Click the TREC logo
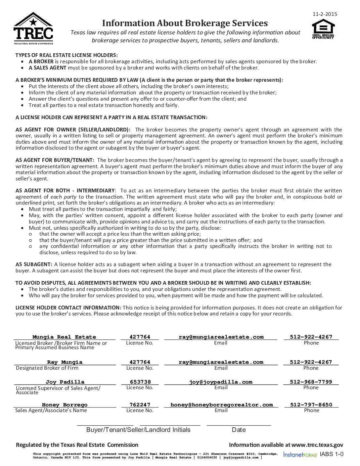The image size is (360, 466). click(x=33, y=28)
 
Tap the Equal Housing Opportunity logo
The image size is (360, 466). click(x=323, y=29)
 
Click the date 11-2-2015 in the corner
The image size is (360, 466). click(x=325, y=14)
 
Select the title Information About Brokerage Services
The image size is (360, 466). click(x=185, y=23)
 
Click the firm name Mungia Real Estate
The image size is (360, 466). click(x=64, y=337)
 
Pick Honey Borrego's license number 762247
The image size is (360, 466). click(x=140, y=405)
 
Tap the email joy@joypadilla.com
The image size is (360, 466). click(x=221, y=382)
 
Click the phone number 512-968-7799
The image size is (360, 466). click(x=311, y=382)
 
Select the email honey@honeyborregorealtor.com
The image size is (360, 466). click(x=221, y=405)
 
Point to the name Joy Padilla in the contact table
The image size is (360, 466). click(x=65, y=382)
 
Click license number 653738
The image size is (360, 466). click(x=140, y=382)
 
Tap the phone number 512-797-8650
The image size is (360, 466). click(x=311, y=405)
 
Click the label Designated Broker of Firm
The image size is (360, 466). click(x=47, y=368)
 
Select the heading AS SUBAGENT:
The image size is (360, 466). click(x=34, y=264)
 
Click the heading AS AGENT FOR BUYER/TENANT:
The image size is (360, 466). click(x=55, y=160)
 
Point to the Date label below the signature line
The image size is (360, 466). click(x=239, y=430)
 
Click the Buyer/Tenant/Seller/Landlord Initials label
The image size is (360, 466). click(x=138, y=430)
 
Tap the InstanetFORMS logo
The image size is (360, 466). click(x=300, y=455)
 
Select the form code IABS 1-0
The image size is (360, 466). click(x=332, y=454)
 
